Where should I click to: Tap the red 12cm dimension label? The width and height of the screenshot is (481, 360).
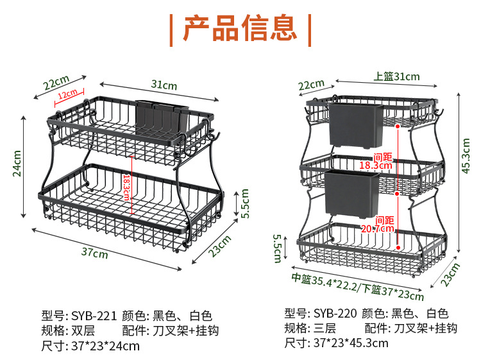coord(68,95)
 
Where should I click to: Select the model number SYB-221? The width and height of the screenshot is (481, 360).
coord(94,316)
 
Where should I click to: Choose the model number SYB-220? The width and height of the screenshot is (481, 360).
coord(335,313)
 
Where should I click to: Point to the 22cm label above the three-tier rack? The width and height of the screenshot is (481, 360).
coord(312,84)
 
